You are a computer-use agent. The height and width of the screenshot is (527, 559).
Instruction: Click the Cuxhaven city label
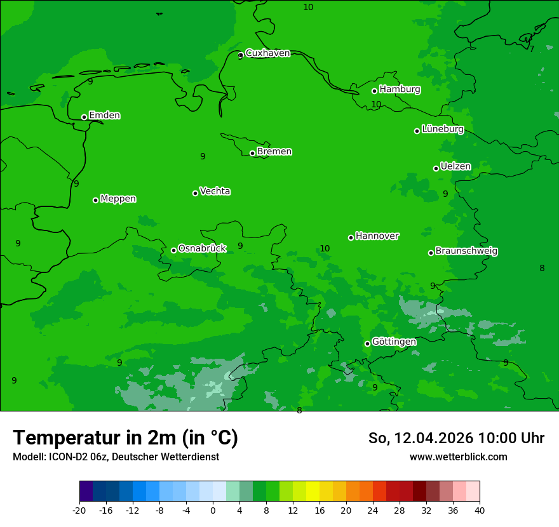point(267,53)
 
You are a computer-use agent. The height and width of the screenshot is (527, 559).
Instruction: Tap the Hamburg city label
point(400,90)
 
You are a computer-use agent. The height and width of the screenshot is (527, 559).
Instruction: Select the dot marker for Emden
point(84,117)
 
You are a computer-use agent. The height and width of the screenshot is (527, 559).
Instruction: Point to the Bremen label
point(274,152)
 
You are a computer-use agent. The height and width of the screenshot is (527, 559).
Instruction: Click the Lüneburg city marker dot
point(417,131)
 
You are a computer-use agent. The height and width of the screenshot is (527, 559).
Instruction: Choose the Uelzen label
point(455,167)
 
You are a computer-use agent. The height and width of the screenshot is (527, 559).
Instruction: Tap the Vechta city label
point(215,191)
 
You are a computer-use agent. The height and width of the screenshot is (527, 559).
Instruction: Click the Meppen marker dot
point(95,200)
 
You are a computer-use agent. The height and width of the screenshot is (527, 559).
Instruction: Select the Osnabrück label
point(202,248)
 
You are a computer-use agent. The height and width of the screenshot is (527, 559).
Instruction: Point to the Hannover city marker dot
point(351,237)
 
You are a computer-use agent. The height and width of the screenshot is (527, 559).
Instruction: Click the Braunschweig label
point(466,251)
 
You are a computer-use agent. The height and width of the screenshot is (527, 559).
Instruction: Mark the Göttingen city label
point(394,342)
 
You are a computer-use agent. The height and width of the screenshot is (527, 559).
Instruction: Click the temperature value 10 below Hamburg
point(376,104)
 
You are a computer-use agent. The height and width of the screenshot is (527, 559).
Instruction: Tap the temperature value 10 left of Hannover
point(325,248)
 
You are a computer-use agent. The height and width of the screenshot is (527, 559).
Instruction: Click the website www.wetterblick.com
point(458,457)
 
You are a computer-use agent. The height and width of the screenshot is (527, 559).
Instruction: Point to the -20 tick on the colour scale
point(79,510)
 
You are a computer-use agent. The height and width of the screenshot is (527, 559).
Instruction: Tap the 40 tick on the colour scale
point(480,510)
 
